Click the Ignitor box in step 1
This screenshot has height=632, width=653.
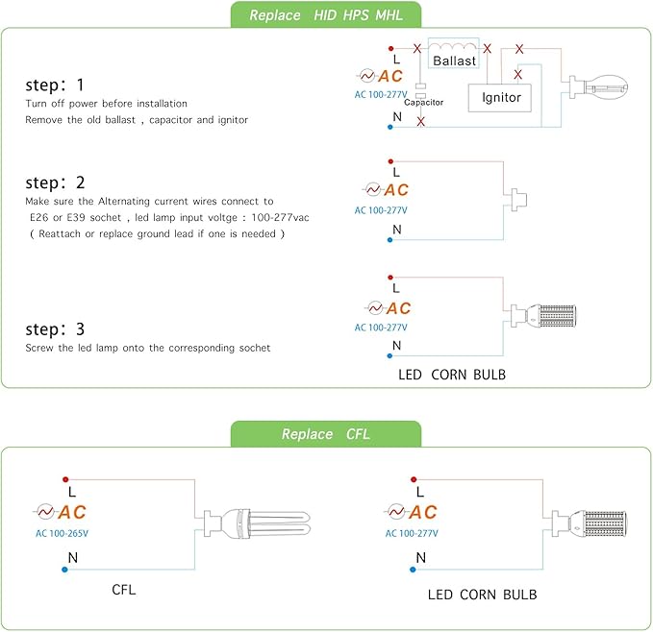(500, 97)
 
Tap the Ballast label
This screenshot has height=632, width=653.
(454, 61)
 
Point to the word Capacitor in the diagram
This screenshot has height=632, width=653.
(423, 101)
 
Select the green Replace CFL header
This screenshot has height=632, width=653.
(326, 434)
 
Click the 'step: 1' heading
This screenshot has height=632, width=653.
(55, 84)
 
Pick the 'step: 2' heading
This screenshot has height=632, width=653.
(55, 182)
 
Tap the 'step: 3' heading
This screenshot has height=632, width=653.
(55, 328)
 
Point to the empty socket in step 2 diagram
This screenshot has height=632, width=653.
(521, 198)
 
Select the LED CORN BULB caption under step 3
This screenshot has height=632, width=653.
(452, 374)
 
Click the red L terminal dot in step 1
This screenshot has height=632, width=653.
(389, 47)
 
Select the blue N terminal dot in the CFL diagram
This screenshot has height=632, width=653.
(64, 570)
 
